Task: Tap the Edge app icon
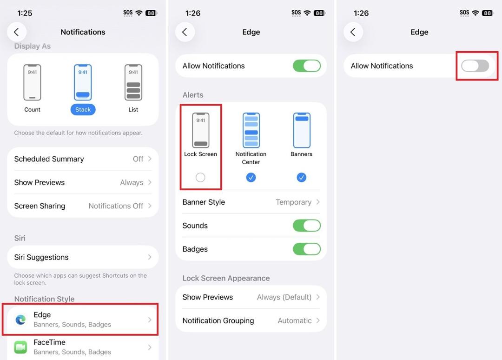point(21,320)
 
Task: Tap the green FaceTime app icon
point(21,347)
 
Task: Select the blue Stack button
point(83,110)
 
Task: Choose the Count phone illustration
point(33,82)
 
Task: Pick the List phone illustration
point(133,82)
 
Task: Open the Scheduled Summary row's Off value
point(138,159)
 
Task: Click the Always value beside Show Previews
point(132,183)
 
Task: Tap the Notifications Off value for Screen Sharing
point(116,206)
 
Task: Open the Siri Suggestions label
point(41,257)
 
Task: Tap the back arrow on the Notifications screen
point(17,32)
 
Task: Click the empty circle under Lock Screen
point(200,177)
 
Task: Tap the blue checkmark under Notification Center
point(251,177)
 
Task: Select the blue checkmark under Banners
point(301,177)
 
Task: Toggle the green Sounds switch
point(307,226)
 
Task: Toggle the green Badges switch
point(307,249)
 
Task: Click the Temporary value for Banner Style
point(294,202)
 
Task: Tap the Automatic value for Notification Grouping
point(295,320)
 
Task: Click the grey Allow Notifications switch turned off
point(475,66)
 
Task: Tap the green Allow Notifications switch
point(307,66)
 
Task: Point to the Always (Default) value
point(284,297)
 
